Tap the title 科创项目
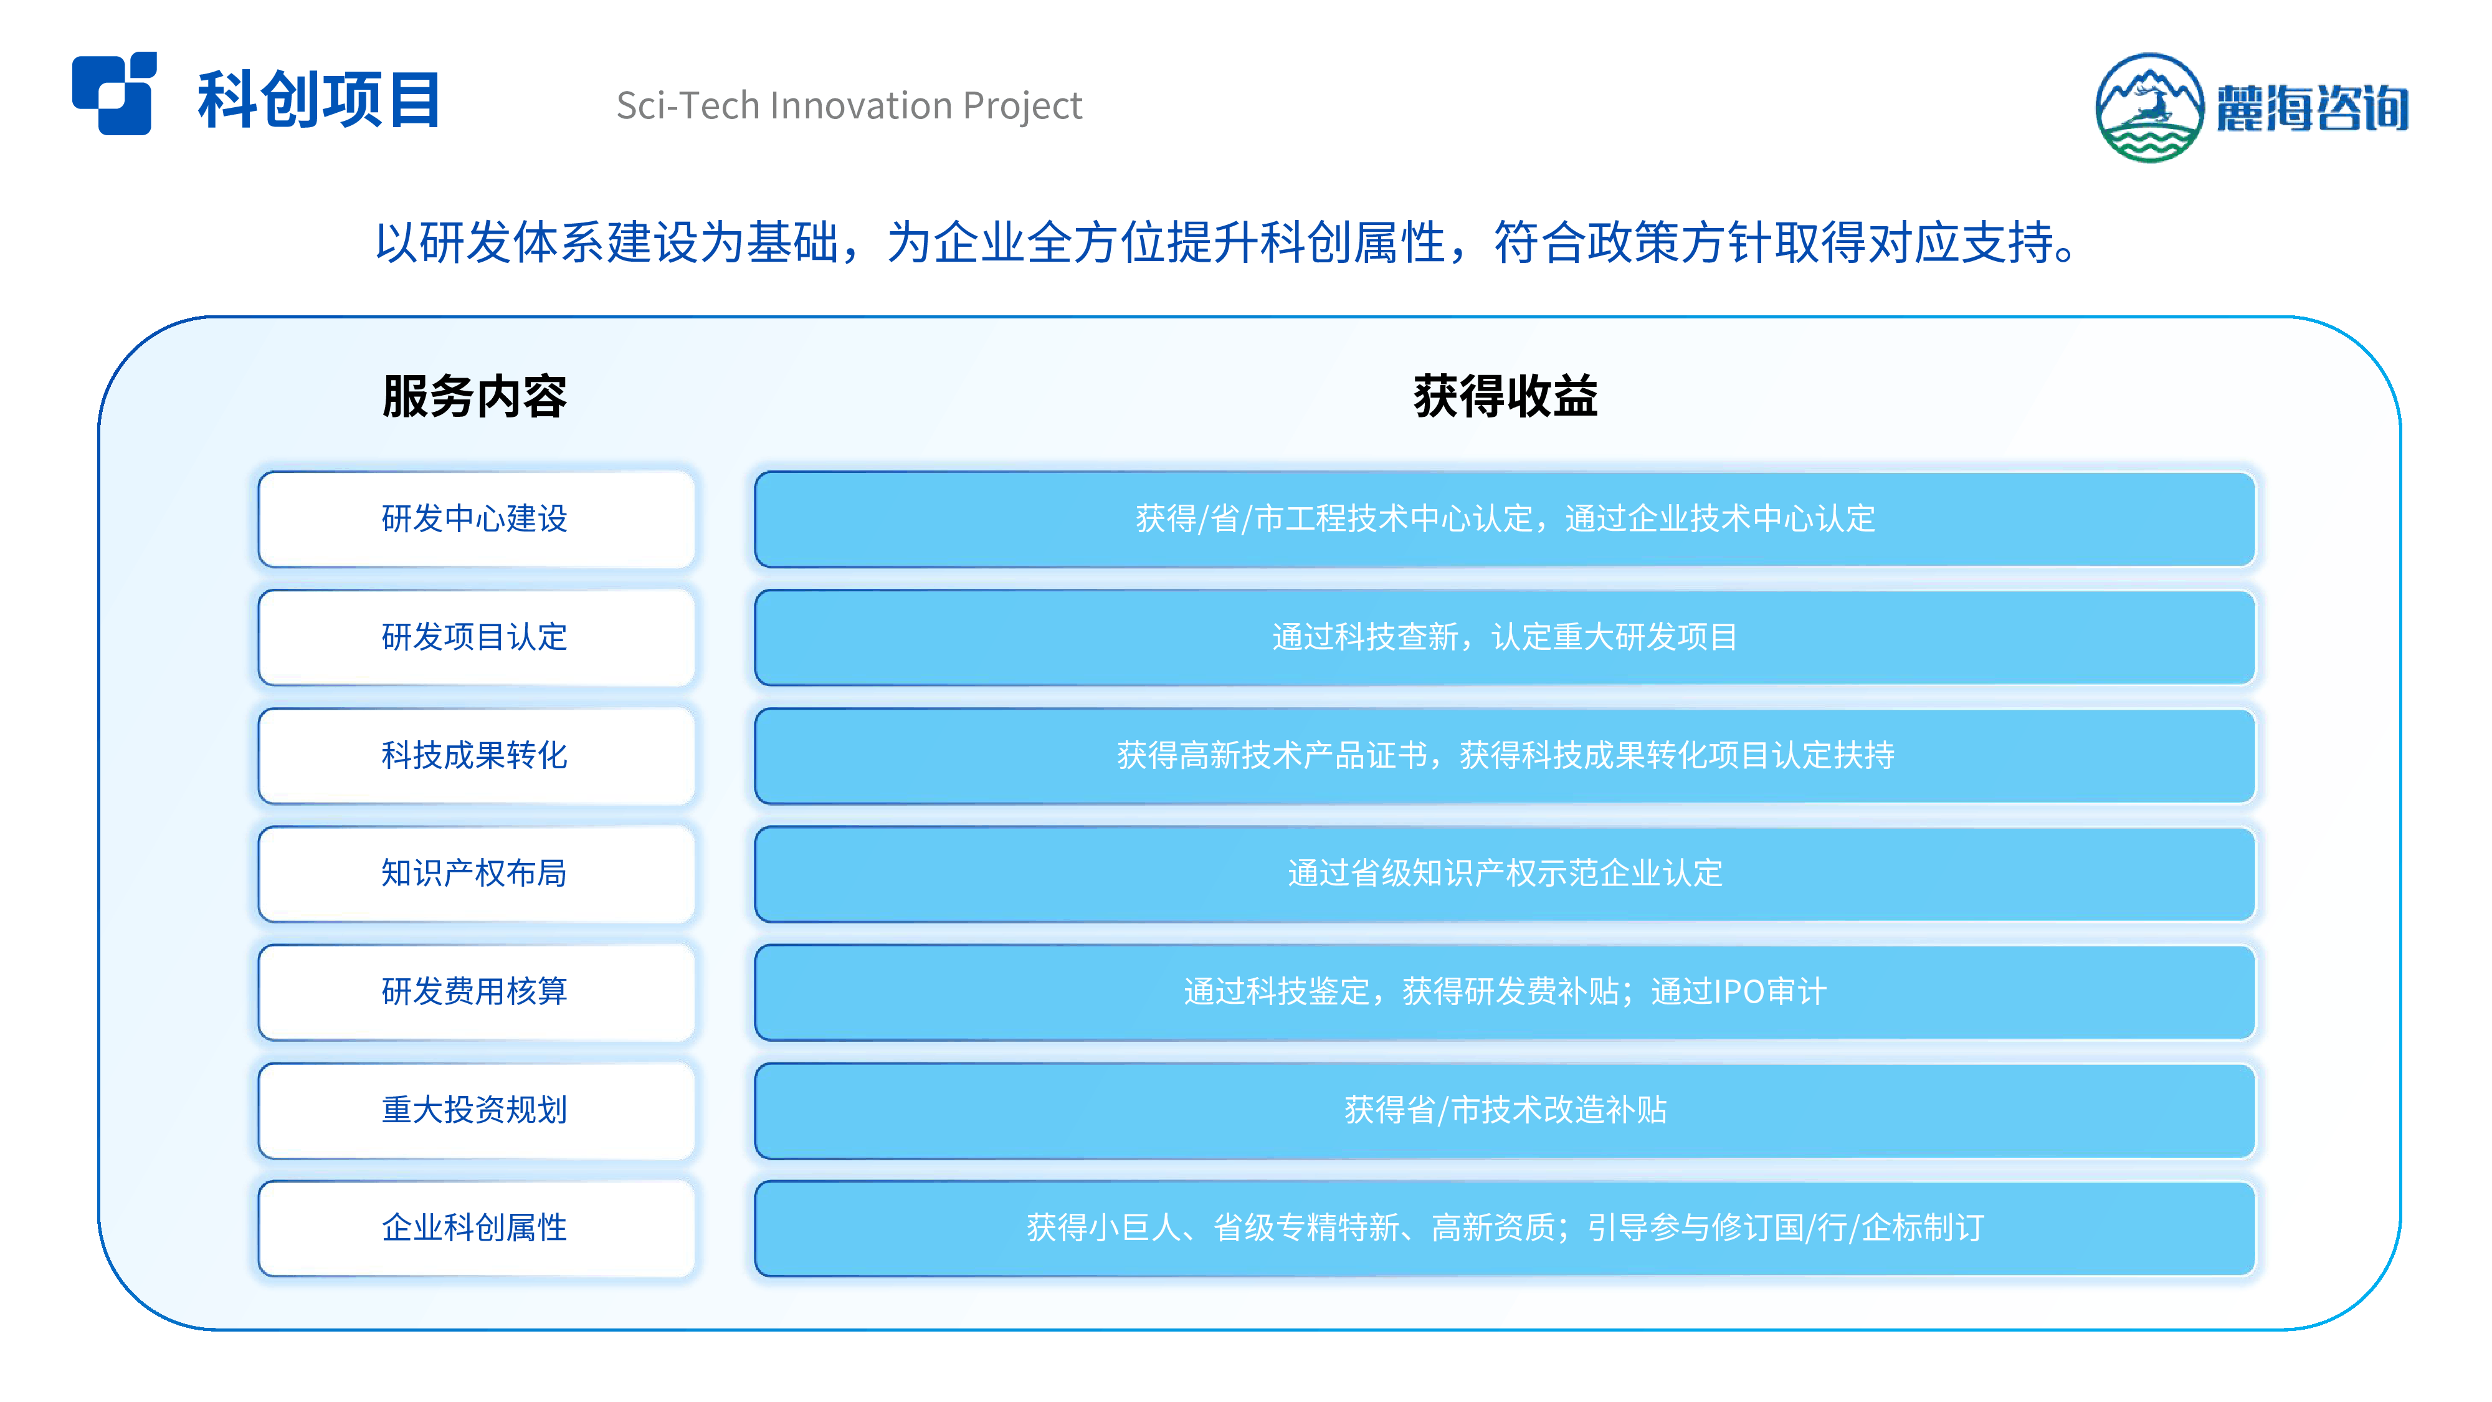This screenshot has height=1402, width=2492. point(319,100)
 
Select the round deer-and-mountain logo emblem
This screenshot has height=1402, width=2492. point(2149,107)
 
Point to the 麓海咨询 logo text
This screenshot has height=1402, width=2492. point(2312,107)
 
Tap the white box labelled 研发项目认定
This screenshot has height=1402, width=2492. point(476,637)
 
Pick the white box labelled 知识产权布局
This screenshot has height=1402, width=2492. point(476,874)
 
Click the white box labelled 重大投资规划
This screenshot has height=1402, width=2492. point(476,1110)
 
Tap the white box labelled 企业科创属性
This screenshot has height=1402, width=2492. point(476,1228)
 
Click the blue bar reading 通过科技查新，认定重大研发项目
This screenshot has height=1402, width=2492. point(1505,637)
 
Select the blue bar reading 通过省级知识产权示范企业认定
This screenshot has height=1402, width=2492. point(1505,874)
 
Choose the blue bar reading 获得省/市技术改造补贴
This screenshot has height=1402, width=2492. point(1505,1110)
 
